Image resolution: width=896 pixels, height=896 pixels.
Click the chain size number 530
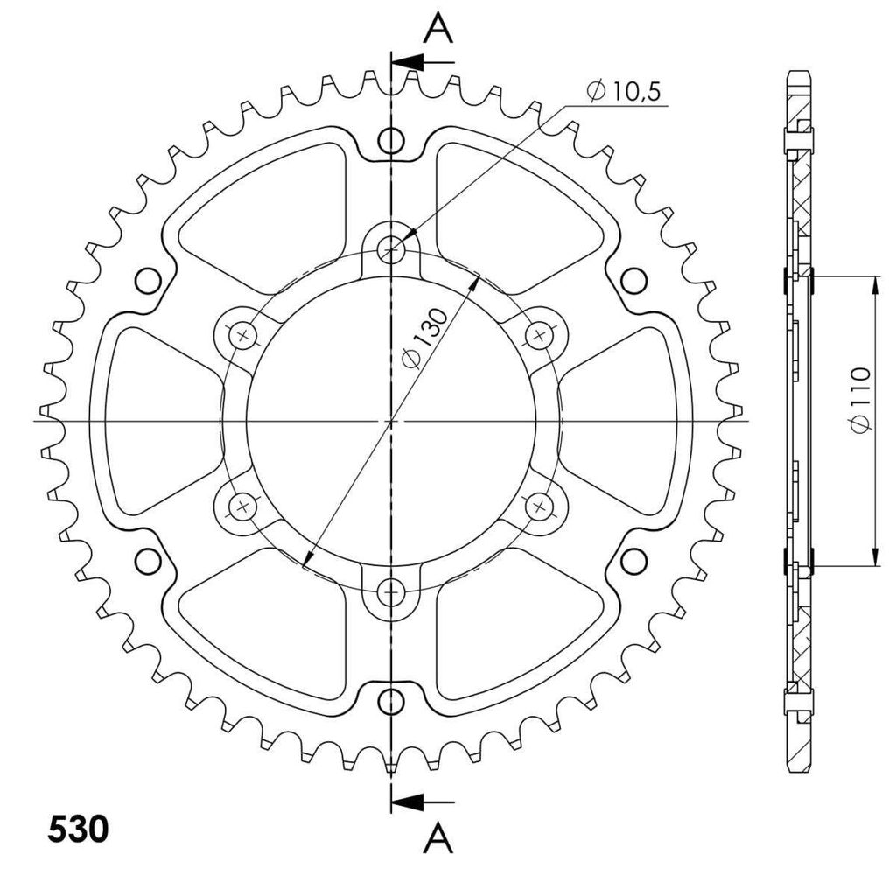[78, 829]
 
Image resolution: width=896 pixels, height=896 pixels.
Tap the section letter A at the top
[437, 29]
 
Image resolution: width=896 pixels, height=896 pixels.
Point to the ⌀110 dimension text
[861, 400]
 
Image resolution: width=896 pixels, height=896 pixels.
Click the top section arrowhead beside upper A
[409, 62]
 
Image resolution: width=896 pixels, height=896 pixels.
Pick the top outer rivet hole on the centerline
[391, 140]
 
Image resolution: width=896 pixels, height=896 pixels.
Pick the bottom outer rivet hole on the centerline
[391, 701]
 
